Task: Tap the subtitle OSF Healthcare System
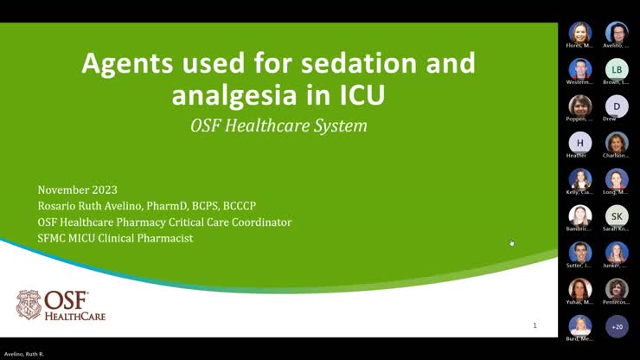278,125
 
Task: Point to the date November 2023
78,190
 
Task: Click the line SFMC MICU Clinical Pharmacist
116,238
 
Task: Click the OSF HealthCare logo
61,305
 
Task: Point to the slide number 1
534,325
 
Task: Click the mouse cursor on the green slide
511,243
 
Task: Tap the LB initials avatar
617,69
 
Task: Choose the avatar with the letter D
617,106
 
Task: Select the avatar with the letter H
580,143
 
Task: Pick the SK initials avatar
617,215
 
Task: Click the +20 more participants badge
617,326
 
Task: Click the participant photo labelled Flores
580,33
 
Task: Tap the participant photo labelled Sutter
580,252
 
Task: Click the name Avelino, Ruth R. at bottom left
25,355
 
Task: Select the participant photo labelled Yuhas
580,289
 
